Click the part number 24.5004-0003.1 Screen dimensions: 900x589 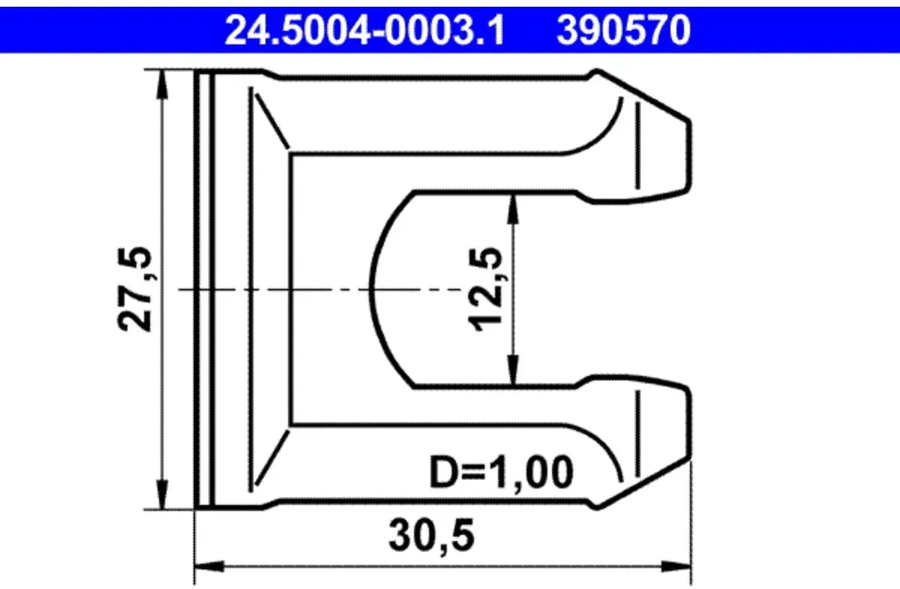(364, 31)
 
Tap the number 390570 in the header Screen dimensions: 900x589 (623, 31)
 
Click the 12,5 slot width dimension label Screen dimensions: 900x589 (486, 289)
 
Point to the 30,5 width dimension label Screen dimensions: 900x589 (432, 536)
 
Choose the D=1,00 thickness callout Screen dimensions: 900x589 (501, 473)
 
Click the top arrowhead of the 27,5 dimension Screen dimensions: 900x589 (162, 85)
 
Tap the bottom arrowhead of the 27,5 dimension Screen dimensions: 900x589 (162, 495)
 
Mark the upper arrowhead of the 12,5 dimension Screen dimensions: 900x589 (513, 209)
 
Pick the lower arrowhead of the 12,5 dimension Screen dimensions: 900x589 (513, 371)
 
